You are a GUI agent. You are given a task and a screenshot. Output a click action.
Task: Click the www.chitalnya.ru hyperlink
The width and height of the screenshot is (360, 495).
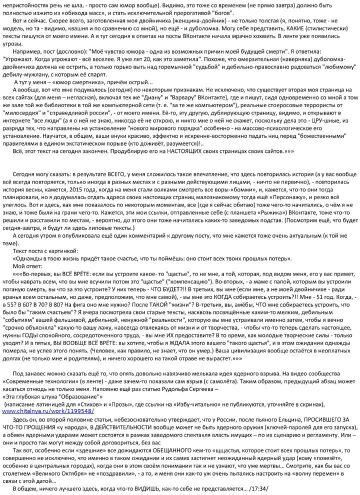tap(48, 410)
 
